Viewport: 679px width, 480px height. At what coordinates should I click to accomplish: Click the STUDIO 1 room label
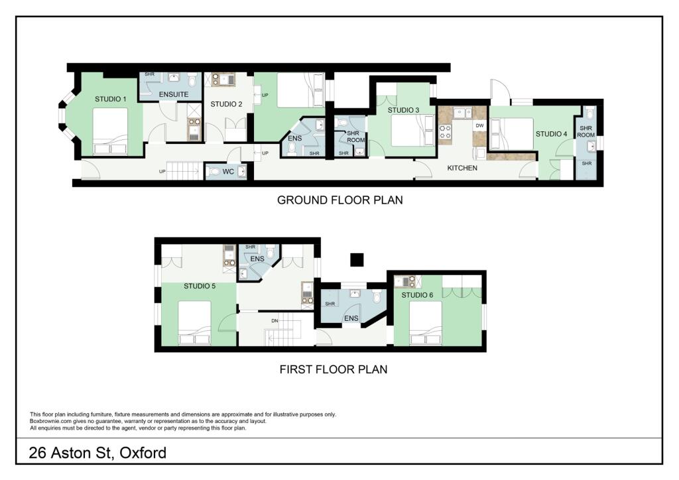click(x=111, y=99)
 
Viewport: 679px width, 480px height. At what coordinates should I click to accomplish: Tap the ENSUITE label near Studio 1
click(x=174, y=95)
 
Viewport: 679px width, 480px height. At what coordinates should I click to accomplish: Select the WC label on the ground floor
click(x=229, y=172)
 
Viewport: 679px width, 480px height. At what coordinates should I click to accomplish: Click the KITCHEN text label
click(x=462, y=168)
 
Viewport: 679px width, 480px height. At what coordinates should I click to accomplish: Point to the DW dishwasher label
click(x=479, y=125)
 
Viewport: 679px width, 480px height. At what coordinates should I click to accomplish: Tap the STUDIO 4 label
click(x=552, y=134)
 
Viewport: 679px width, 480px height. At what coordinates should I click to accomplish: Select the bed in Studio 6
click(x=425, y=323)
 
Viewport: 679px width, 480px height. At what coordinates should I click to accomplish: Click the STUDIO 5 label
click(x=200, y=287)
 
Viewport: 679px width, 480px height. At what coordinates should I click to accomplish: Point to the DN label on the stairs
click(x=275, y=321)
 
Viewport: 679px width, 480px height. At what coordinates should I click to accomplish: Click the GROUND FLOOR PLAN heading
click(x=339, y=200)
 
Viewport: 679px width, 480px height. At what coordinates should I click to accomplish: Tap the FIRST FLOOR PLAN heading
click(x=333, y=369)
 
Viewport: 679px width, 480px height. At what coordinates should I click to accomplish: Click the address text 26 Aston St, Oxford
click(x=97, y=453)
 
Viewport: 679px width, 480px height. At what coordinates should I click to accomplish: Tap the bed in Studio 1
click(x=110, y=131)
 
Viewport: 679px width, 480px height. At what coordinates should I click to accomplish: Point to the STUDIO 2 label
click(x=226, y=104)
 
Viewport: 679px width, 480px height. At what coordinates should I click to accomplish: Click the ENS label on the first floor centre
click(x=351, y=319)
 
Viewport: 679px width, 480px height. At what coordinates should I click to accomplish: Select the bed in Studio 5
click(x=194, y=323)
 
